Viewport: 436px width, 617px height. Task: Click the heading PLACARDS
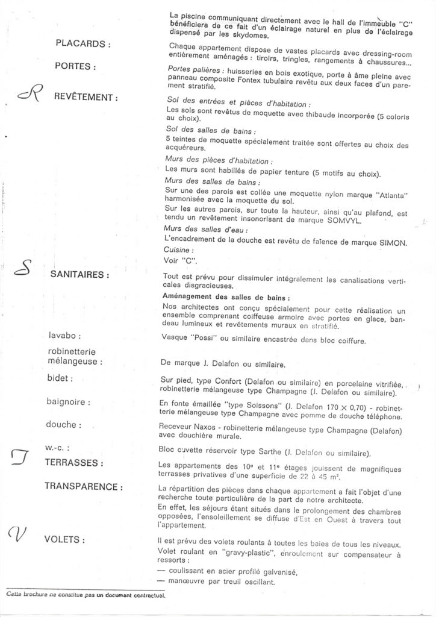pos(83,44)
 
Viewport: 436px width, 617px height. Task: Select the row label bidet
pos(61,379)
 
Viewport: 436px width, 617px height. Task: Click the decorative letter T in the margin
pos(22,459)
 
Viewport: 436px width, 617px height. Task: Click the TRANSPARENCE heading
pos(89,486)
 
